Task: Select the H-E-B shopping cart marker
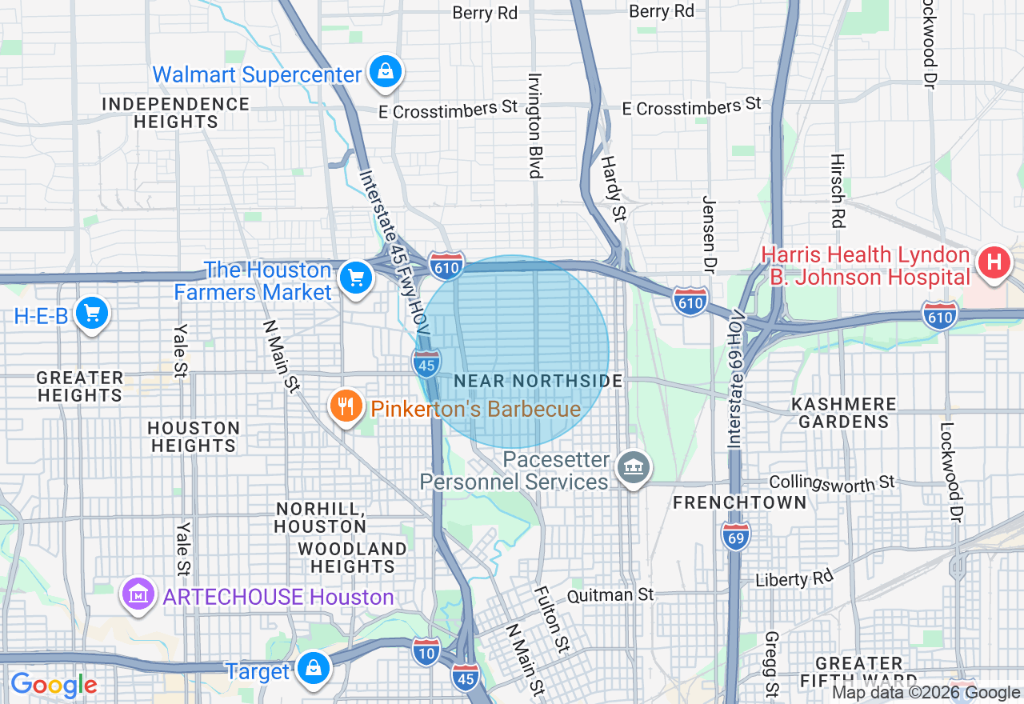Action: click(x=91, y=314)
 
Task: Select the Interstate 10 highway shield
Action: click(x=426, y=651)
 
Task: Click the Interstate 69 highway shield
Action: click(x=735, y=535)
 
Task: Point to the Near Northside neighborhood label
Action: click(x=538, y=382)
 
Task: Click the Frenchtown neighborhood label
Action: click(x=740, y=502)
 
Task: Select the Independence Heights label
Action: click(x=176, y=113)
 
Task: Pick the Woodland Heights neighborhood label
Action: click(x=352, y=558)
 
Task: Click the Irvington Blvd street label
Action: click(x=534, y=126)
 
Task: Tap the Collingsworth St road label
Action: click(x=831, y=482)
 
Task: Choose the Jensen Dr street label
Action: click(x=708, y=232)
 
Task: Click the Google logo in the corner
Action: click(x=54, y=685)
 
